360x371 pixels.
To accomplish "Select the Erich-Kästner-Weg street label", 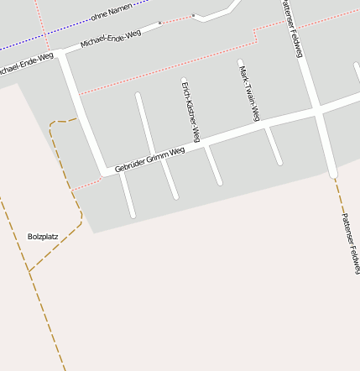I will pos(191,110).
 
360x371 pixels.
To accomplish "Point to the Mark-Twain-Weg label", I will pos(248,95).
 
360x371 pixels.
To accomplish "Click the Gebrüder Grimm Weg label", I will pos(149,160).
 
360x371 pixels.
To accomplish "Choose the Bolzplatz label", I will pos(43,237).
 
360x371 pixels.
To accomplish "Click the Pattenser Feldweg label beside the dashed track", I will pos(350,243).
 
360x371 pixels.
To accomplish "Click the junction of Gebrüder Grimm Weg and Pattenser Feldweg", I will pos(317,109).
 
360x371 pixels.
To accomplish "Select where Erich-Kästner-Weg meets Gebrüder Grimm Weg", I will pos(204,145).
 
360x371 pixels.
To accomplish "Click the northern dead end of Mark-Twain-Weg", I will pos(240,62).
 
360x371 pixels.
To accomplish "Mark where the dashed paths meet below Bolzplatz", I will pos(29,271).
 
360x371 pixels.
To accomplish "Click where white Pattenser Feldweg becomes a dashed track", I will pos(333,176).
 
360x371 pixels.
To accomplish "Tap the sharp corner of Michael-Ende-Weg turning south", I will pos(61,55).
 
